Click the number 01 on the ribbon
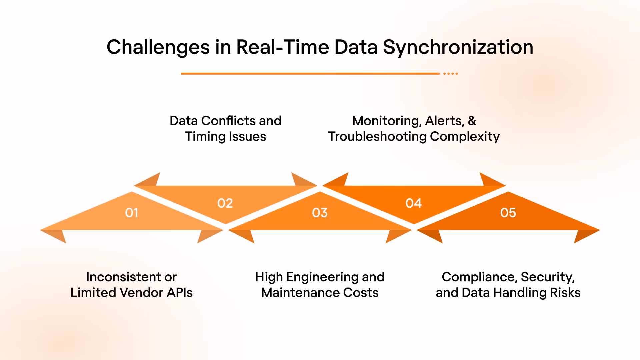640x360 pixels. (x=132, y=213)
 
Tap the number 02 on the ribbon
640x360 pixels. (x=225, y=203)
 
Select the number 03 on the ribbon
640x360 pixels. (x=320, y=213)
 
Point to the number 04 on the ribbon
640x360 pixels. (x=414, y=203)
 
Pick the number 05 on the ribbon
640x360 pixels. (x=508, y=213)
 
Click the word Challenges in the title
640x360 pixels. (x=158, y=47)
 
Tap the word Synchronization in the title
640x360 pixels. (x=458, y=47)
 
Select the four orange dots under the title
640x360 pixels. (x=451, y=73)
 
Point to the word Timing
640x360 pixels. (x=205, y=137)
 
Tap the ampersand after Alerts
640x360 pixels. (x=472, y=121)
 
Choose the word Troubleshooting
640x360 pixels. (x=377, y=137)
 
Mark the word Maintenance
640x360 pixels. (x=300, y=293)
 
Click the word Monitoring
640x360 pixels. (x=387, y=121)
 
